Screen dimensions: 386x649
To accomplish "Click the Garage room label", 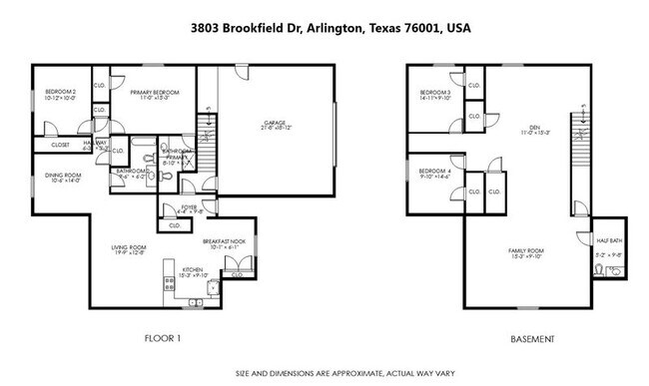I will coord(275,124).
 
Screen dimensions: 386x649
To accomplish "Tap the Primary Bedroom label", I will coord(152,92).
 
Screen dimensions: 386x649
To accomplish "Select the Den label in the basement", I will coord(534,128).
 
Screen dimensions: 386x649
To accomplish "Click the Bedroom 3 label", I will coord(435,93).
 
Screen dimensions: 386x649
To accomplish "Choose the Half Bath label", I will coord(609,240).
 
